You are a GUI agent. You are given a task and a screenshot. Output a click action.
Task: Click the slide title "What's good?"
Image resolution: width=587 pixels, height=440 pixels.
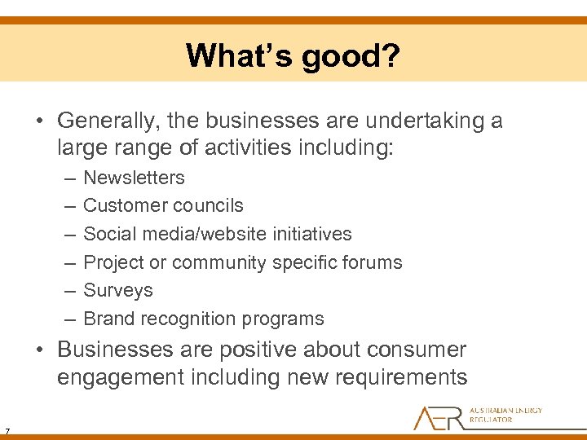click(x=293, y=56)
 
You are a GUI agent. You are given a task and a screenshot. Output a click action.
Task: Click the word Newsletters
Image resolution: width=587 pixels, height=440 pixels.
click(x=135, y=178)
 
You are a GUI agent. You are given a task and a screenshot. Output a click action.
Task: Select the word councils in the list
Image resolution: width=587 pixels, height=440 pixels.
click(x=214, y=205)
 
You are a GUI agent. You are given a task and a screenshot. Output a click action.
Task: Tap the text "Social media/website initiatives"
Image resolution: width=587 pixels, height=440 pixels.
click(x=218, y=234)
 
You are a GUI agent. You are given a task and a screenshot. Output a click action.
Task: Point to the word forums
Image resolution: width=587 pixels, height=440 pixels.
click(x=373, y=262)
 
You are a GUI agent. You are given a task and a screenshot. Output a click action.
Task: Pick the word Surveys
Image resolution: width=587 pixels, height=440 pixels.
click(x=118, y=290)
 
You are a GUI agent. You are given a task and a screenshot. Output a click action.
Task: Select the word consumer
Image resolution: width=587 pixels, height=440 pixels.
click(x=418, y=350)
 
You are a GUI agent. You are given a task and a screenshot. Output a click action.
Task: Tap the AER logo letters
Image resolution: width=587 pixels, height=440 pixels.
click(x=439, y=417)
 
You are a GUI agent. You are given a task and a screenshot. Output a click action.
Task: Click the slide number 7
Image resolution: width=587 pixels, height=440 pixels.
click(x=7, y=431)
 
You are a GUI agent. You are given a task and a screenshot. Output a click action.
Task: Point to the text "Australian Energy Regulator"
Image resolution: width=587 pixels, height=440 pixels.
click(x=505, y=415)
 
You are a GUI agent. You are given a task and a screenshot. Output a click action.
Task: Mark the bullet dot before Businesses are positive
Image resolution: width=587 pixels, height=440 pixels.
click(x=41, y=350)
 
